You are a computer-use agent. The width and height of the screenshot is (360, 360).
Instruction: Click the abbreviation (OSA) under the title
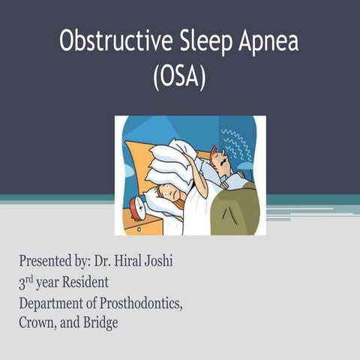point(179,76)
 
